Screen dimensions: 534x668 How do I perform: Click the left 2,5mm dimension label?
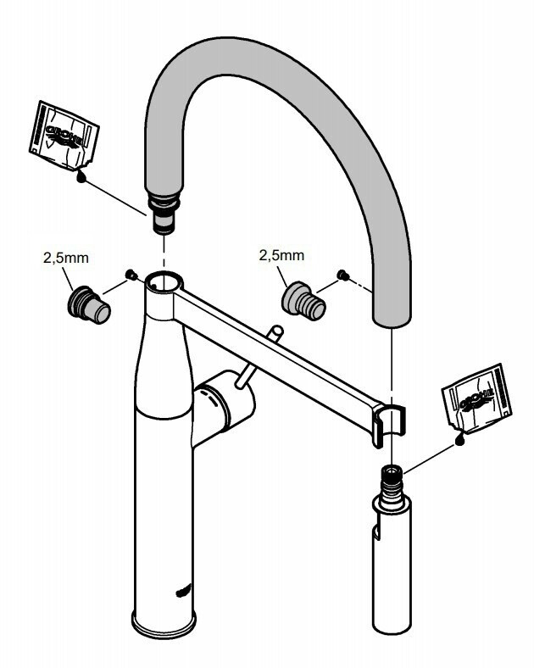(66, 258)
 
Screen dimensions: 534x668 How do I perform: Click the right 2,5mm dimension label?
(282, 255)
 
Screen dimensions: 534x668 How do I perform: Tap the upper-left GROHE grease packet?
(64, 136)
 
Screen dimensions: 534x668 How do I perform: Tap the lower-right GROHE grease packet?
(476, 398)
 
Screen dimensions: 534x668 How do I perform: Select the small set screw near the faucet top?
(131, 275)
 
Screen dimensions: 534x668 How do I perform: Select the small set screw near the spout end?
(343, 276)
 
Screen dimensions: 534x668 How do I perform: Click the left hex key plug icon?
(89, 305)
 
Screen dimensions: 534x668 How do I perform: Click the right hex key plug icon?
(303, 303)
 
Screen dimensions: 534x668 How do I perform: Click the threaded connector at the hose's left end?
(164, 212)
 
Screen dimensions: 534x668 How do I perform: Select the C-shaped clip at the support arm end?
(389, 425)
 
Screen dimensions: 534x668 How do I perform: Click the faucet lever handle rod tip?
(276, 331)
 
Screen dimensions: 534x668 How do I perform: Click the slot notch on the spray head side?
(376, 532)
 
